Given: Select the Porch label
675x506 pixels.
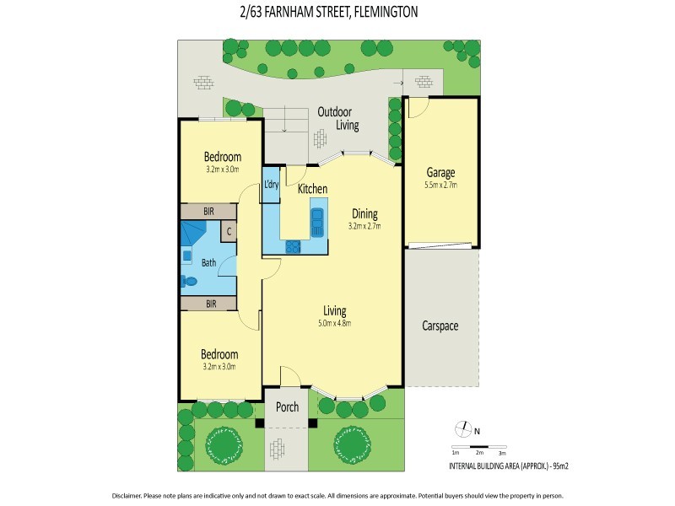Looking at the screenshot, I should [x=288, y=407].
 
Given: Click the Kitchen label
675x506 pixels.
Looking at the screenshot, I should [x=312, y=190].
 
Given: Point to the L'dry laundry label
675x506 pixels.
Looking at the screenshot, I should [x=271, y=185].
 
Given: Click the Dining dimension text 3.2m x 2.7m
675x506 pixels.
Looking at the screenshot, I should [x=364, y=226].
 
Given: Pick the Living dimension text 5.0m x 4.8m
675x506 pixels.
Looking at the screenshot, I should [x=334, y=323].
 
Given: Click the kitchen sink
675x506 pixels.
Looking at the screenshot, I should [x=316, y=223].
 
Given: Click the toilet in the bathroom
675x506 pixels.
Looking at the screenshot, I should [x=190, y=282].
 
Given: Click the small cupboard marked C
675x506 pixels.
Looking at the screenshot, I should [x=229, y=230].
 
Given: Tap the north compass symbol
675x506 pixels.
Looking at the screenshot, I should [x=461, y=428].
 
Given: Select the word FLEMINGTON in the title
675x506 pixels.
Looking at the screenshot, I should [x=379, y=13].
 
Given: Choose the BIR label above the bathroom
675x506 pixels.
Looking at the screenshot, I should [x=208, y=211].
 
